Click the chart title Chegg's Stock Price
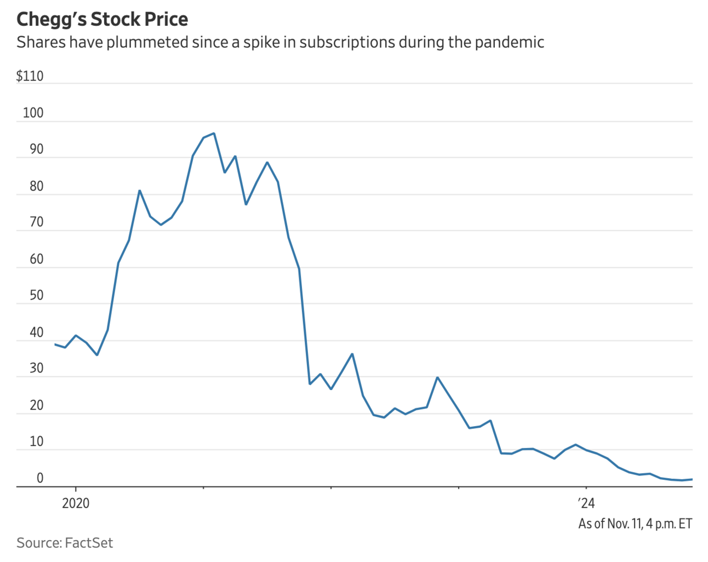pos(102,19)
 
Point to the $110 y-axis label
pos(30,76)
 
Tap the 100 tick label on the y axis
pos(33,113)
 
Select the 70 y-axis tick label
pos(36,222)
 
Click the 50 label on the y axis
pos(36,295)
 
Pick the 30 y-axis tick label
pos(36,368)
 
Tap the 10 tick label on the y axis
pos(36,441)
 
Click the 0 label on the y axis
pos(39,478)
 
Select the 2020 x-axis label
pos(76,503)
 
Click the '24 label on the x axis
pos(586,503)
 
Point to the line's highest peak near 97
pos(214,133)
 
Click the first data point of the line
pos(55,344)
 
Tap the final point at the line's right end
pos(692,479)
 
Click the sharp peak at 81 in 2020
pos(140,191)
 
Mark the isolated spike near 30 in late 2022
pos(437,377)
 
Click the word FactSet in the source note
pos(89,543)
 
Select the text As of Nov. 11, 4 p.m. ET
pos(635,524)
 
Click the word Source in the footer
pos(38,543)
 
